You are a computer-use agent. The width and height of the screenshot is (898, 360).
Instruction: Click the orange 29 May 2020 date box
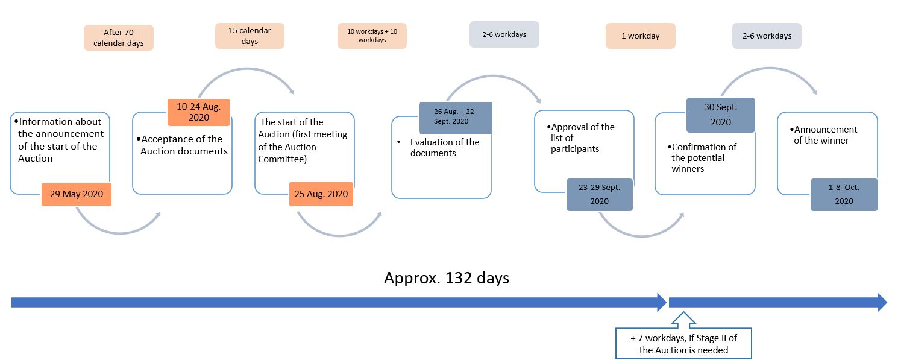(77, 194)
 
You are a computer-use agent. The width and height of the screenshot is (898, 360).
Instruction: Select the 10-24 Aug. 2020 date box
(199, 112)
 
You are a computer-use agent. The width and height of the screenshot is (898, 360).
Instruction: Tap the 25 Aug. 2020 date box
(321, 194)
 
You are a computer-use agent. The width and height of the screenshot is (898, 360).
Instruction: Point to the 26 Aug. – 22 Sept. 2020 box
(456, 118)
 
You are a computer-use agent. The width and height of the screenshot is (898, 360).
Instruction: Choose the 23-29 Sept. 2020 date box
(600, 194)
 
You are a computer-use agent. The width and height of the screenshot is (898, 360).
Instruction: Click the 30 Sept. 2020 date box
(721, 115)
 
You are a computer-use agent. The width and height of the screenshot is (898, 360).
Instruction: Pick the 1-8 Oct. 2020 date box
(844, 194)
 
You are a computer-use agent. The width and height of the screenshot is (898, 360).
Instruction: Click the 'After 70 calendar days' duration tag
(119, 37)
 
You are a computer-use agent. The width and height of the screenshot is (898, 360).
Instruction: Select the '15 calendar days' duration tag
(250, 36)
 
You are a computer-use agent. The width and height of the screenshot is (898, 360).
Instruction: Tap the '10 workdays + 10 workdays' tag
(372, 36)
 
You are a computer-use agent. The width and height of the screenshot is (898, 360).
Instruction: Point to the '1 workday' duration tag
(641, 36)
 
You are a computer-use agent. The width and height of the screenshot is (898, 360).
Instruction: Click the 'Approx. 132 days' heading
(447, 278)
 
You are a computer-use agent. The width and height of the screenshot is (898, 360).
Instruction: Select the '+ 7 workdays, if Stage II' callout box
(683, 344)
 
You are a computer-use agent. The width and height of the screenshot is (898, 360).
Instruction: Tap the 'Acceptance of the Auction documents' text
(183, 145)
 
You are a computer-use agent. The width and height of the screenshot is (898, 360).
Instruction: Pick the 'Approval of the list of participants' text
(580, 138)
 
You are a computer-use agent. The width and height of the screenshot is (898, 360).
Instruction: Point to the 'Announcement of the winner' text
(823, 135)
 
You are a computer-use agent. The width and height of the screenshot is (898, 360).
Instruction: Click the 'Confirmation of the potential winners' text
(702, 158)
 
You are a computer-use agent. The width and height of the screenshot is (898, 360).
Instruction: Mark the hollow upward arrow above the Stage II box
(683, 320)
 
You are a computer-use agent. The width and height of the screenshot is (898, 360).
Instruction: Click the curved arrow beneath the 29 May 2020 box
(119, 232)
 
